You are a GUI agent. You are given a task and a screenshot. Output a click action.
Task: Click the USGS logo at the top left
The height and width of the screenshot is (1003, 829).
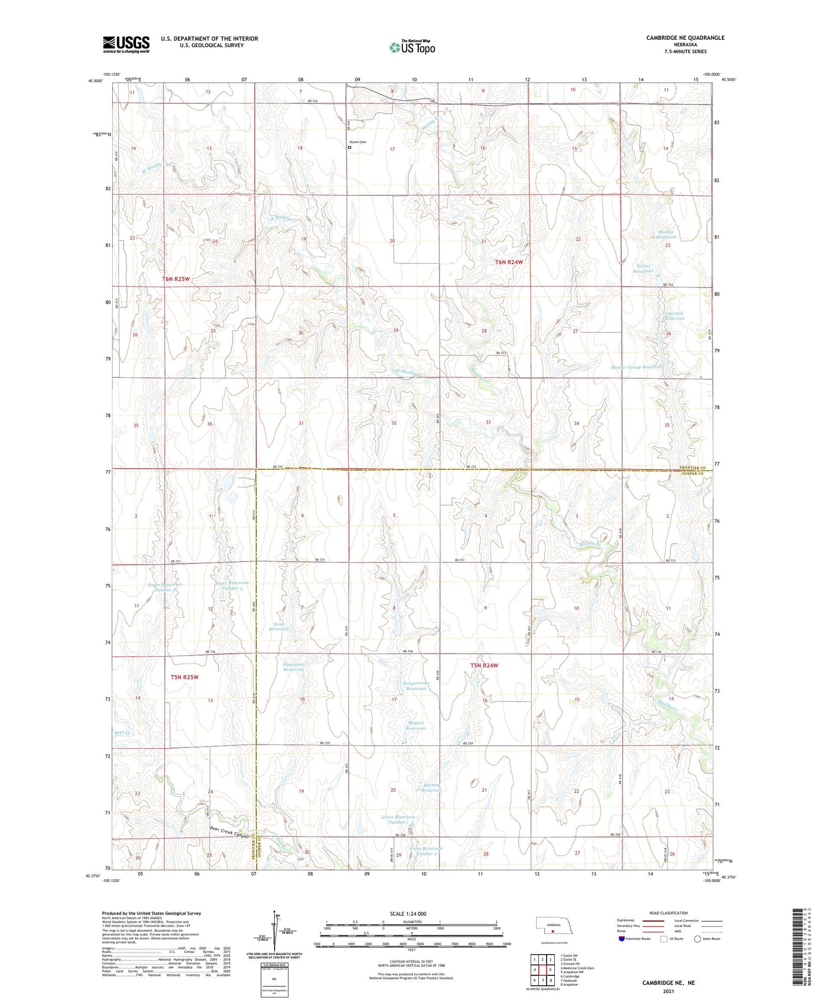(126, 44)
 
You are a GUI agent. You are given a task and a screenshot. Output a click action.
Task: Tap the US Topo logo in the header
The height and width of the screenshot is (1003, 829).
(412, 47)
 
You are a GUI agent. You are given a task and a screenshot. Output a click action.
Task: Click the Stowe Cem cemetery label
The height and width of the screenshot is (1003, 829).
(358, 142)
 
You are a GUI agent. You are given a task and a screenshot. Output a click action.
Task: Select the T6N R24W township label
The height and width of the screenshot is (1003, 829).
(508, 262)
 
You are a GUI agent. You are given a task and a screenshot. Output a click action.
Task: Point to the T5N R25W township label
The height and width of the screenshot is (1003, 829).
(184, 677)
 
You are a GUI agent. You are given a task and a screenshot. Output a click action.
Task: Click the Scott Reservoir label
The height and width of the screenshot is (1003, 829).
(279, 626)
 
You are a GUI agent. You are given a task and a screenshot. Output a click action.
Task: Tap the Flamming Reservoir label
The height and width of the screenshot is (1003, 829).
(293, 667)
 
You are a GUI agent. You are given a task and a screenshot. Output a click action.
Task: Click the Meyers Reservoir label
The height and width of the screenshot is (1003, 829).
(416, 726)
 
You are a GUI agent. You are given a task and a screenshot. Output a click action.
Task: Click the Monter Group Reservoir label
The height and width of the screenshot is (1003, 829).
(636, 367)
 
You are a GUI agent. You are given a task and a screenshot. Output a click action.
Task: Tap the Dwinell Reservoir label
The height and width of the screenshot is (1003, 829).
(674, 316)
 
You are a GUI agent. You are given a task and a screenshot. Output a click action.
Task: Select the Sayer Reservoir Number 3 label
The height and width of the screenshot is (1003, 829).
(232, 585)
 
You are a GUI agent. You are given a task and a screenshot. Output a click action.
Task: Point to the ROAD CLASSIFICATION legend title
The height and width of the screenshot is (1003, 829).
(669, 913)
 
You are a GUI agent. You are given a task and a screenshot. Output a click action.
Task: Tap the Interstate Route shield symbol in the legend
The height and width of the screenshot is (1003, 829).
(622, 938)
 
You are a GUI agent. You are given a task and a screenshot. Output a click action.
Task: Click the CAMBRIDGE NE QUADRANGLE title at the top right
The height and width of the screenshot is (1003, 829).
(685, 38)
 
